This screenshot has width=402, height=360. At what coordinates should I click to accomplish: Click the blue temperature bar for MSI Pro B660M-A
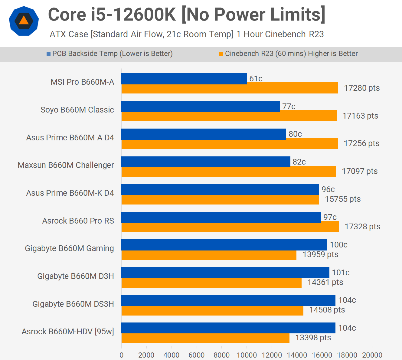(184, 79)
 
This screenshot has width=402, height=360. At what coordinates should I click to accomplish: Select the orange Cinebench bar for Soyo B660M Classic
(229, 116)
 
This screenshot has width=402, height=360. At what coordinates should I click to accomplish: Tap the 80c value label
(295, 134)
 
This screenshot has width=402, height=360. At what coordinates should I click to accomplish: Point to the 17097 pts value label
(360, 171)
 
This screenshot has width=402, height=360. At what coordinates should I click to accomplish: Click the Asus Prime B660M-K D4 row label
(70, 193)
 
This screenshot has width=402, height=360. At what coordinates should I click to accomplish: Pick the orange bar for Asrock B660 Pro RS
(230, 227)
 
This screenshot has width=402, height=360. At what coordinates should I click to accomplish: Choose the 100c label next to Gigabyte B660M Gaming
(338, 245)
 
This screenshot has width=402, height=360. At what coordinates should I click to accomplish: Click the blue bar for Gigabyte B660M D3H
(225, 273)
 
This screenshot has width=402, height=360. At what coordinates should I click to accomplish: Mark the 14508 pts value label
(327, 310)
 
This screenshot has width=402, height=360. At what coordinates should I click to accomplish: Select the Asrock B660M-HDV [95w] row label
(68, 332)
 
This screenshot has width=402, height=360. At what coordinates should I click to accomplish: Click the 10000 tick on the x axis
(247, 355)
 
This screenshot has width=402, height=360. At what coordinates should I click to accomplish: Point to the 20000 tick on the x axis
(372, 355)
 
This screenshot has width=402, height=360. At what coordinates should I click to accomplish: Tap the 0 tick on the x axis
(122, 355)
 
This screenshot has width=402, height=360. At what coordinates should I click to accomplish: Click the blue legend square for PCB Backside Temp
(48, 54)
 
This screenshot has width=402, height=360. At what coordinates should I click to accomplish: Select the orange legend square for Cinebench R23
(221, 54)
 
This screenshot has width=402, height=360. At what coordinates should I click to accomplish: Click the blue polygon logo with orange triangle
(24, 21)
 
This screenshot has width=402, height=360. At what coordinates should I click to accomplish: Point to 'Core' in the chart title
(67, 15)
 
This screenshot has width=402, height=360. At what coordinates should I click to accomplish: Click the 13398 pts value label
(313, 338)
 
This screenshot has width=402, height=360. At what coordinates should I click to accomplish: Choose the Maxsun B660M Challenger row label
(66, 165)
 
